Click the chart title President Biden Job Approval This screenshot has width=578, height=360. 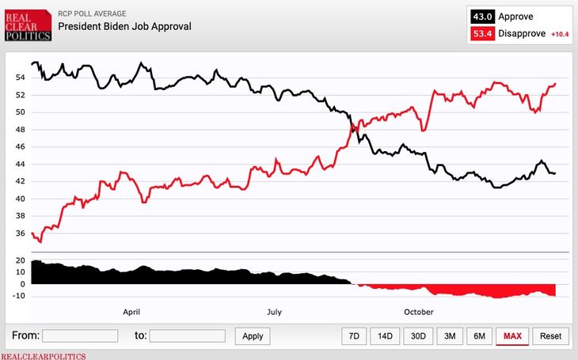125,26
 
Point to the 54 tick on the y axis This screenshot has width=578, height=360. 20,78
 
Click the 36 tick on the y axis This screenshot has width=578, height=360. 20,233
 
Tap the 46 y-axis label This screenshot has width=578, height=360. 20,147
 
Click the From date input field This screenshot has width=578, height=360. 79,336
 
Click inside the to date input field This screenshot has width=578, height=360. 188,336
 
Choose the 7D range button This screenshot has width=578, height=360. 354,336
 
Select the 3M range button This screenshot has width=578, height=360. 450,336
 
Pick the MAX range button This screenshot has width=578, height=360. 512,336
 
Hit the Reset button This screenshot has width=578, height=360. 550,336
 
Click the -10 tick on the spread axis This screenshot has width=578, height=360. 17,296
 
